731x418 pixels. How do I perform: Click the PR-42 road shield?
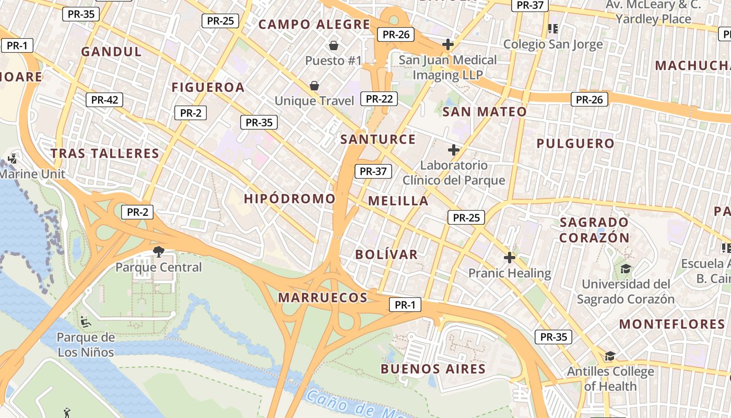click(104, 100)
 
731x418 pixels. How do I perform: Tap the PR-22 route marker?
click(379, 99)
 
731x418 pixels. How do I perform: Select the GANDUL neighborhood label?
click(112, 52)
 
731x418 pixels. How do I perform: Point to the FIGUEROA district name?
click(208, 87)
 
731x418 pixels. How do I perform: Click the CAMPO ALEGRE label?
click(314, 25)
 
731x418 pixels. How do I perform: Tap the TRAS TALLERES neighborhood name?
click(105, 154)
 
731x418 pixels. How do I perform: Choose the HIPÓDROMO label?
click(290, 199)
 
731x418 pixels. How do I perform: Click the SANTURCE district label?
click(378, 140)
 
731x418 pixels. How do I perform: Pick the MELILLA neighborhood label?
click(398, 201)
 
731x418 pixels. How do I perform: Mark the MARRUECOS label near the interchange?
click(323, 298)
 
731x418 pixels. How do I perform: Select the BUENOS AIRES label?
click(433, 369)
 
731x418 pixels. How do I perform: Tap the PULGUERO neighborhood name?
click(575, 143)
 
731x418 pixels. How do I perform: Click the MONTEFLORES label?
click(672, 324)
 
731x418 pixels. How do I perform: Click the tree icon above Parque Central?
click(158, 252)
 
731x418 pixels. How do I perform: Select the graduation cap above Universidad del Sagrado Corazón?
click(625, 269)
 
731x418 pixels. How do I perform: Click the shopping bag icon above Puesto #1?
click(334, 45)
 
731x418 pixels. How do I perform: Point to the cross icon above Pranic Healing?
click(510, 258)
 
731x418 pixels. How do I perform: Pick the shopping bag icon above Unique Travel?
click(314, 85)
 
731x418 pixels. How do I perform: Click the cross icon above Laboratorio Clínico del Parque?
click(454, 150)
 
